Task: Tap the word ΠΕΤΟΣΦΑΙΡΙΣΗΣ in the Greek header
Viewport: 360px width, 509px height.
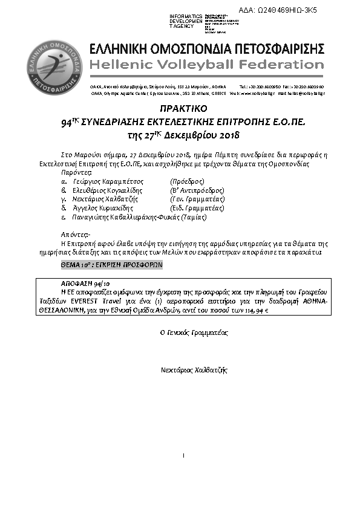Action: pyautogui.click(x=266, y=48)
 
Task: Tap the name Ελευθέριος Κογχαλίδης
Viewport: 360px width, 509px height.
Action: pyautogui.click(x=110, y=190)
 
